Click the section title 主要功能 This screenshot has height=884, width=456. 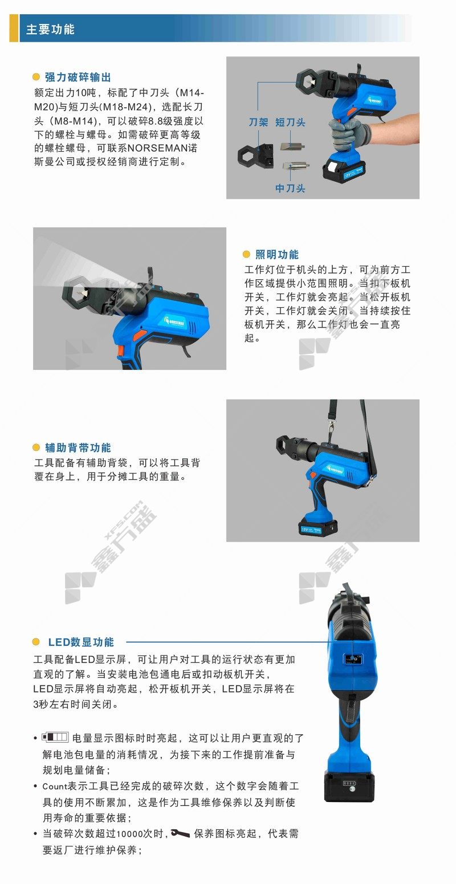(x=50, y=29)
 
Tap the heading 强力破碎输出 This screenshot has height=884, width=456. (x=78, y=77)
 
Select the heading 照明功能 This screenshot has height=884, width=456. (x=277, y=255)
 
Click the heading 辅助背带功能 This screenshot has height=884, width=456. (x=78, y=447)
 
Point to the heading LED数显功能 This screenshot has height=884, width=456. (x=81, y=642)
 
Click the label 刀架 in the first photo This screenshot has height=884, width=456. (x=258, y=123)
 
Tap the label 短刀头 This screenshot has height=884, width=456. (x=290, y=123)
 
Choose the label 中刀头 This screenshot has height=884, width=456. (x=290, y=188)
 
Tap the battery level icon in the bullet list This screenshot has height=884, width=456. (x=55, y=737)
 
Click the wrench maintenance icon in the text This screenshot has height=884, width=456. (x=181, y=834)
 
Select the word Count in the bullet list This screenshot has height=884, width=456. (x=55, y=786)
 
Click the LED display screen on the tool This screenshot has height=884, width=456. (x=353, y=659)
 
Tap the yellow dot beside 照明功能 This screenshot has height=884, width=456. (x=246, y=255)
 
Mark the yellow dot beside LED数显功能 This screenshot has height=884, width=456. (x=36, y=642)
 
